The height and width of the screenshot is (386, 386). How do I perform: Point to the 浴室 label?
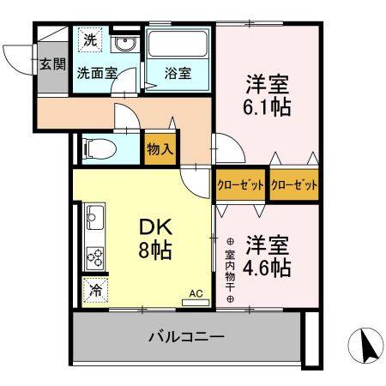(178, 74)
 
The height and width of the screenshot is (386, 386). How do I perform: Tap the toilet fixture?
(100, 148)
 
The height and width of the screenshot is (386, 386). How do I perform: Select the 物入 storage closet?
(160, 148)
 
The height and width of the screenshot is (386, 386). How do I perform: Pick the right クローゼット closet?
(294, 184)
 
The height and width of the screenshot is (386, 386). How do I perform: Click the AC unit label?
(195, 293)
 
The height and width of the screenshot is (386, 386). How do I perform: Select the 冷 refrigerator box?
(93, 290)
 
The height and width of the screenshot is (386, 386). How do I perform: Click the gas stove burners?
(93, 256)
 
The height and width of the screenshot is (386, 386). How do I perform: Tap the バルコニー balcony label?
(190, 336)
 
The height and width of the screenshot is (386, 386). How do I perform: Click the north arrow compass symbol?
(367, 346)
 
